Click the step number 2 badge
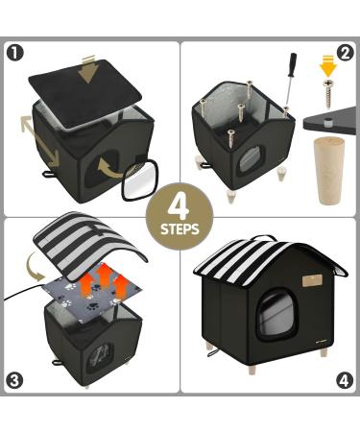click(x=346, y=52)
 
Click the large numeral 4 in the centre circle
click(x=179, y=204)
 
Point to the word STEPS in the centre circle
click(x=180, y=230)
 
